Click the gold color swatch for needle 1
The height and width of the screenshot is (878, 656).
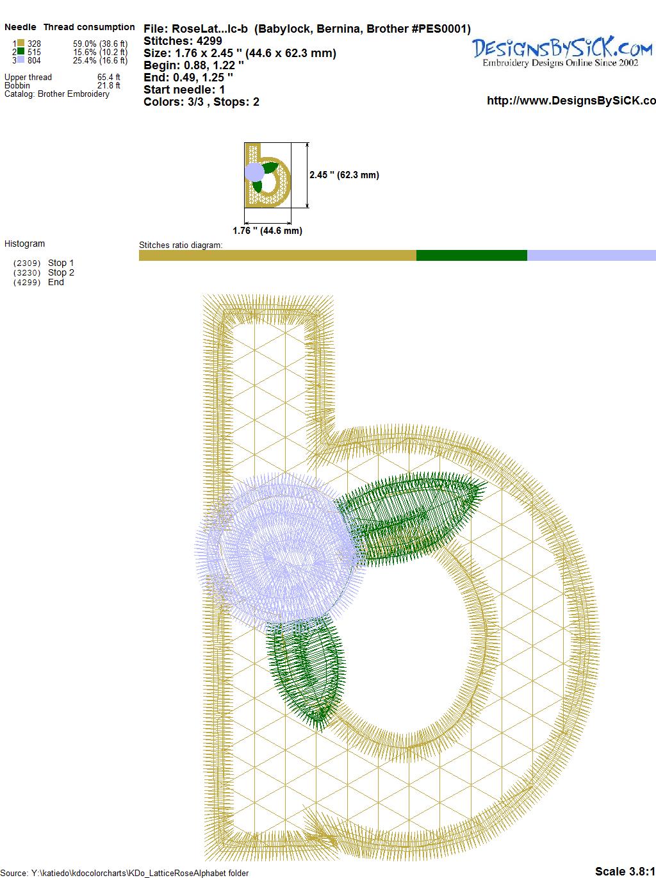[x=20, y=43]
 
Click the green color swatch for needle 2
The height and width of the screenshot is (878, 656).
[x=20, y=51]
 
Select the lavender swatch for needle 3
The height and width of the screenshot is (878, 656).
[x=20, y=60]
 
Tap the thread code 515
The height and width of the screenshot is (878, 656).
[x=34, y=52]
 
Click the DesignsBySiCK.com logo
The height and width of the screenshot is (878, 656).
[x=562, y=52]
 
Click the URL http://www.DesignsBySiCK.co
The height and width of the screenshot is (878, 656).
[x=571, y=101]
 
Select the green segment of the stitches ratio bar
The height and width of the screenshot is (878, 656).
[x=471, y=255]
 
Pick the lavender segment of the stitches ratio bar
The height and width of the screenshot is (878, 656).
[x=592, y=255]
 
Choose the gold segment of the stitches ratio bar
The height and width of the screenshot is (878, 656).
[x=277, y=255]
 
